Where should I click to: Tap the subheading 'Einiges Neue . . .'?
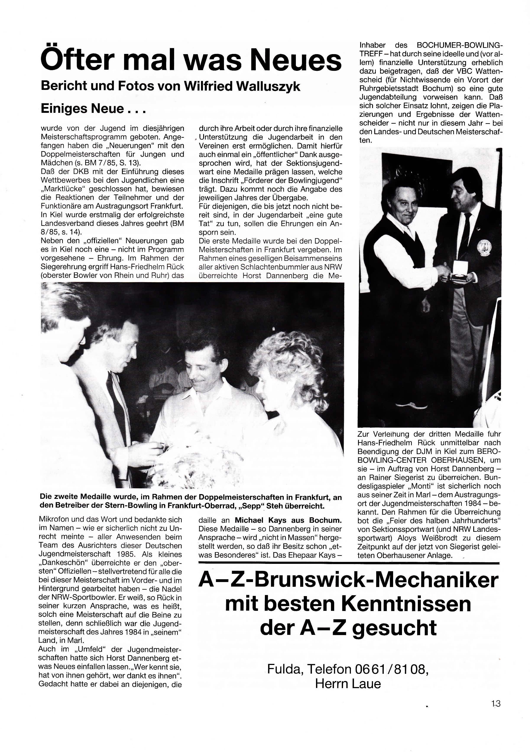[x=93, y=108]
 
